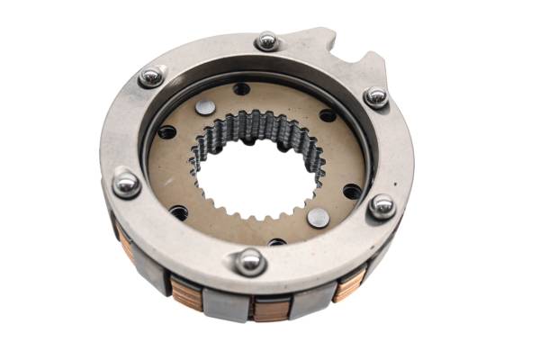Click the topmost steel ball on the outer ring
[266, 41]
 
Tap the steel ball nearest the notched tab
[376, 96]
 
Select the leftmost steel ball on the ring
[125, 184]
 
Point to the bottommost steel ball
[249, 261]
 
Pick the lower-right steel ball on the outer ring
[382, 206]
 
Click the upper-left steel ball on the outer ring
[151, 77]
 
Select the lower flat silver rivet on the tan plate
[317, 217]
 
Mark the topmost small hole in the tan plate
[242, 90]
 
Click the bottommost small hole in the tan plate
[276, 241]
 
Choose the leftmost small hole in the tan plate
[166, 132]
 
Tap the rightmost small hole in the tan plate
[352, 191]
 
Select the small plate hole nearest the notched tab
[328, 115]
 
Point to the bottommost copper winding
[270, 310]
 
